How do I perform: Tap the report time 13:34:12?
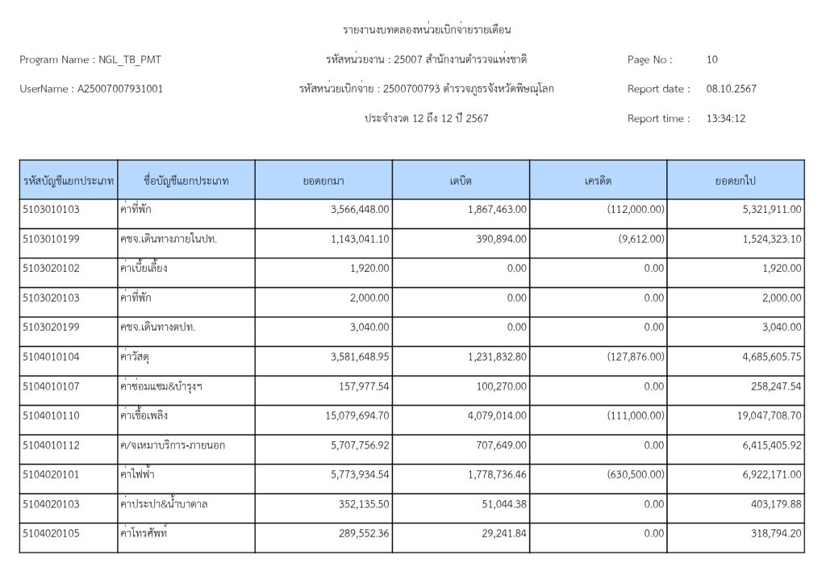point(725,119)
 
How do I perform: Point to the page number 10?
point(711,60)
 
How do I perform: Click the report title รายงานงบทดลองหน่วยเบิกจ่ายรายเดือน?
point(428,30)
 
